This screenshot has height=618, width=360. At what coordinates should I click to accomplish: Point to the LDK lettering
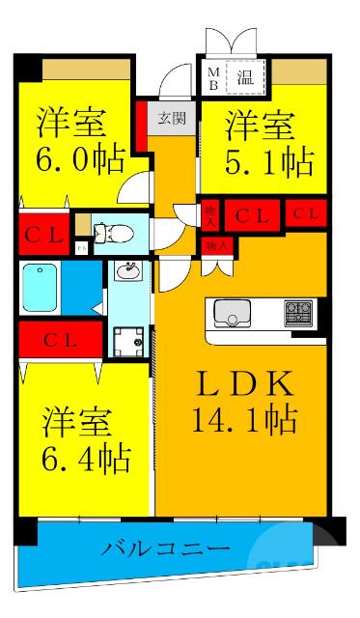coord(243,383)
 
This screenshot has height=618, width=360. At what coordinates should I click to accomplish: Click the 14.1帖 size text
coord(242,420)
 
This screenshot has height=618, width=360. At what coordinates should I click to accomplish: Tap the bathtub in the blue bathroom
coord(42,285)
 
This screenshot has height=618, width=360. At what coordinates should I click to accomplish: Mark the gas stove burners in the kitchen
coord(296,313)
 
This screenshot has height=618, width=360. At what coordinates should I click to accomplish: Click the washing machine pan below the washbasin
coord(126,341)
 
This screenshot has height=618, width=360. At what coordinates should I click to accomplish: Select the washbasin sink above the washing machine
coord(125,271)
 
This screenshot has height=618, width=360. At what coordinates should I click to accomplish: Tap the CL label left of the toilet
coord(43,232)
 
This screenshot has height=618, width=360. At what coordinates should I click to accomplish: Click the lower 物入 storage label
coord(217,246)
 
